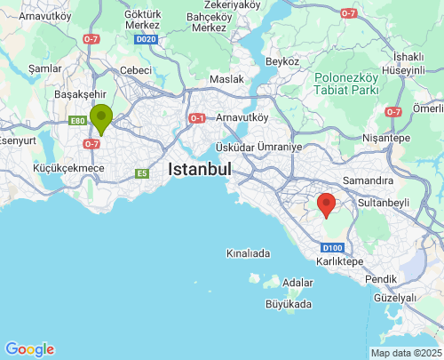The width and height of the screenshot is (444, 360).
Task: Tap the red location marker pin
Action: coord(327,204)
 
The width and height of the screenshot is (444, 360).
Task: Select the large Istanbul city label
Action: coord(200,169)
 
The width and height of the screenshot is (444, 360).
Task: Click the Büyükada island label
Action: coord(289,304)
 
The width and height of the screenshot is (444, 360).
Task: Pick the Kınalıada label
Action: coord(248,253)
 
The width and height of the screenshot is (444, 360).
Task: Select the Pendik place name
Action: coord(381,279)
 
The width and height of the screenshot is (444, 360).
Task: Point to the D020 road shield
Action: coord(147,39)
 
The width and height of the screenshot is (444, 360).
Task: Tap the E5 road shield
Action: coord(141,173)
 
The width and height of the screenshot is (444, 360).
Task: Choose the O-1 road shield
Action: coord(197,119)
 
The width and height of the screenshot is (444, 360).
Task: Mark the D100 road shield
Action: coord(333,247)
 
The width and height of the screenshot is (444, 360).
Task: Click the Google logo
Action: coord(29,349)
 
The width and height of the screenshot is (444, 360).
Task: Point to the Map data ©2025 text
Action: coord(405,353)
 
